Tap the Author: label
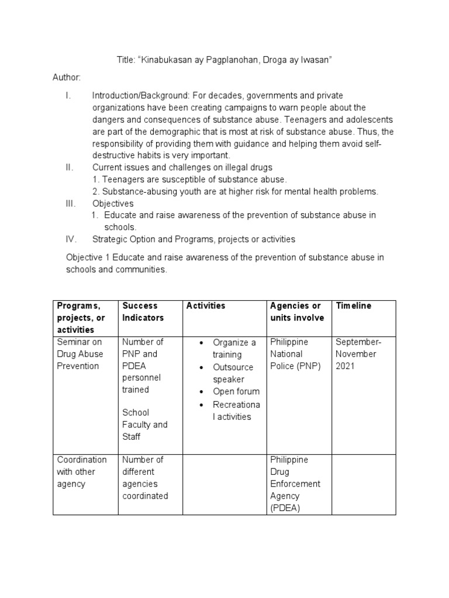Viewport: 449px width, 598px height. coord(67,78)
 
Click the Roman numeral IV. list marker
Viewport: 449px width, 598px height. coord(70,239)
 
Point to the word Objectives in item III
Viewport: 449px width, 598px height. coord(113,203)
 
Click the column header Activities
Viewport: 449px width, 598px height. coord(205,306)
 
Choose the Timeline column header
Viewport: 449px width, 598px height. coord(354,306)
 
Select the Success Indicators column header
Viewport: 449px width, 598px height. coord(140,312)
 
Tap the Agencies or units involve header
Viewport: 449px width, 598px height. coord(296,312)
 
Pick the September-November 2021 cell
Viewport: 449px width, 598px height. coord(357,354)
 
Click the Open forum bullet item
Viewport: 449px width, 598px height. coord(236,391)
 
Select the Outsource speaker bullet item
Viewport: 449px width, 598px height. coord(233,373)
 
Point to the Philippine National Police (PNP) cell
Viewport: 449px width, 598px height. coord(295,354)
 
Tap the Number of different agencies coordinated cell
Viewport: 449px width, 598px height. coord(145,478)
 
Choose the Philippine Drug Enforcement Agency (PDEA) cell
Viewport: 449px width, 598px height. coord(296,484)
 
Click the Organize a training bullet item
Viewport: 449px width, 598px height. coord(234,348)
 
